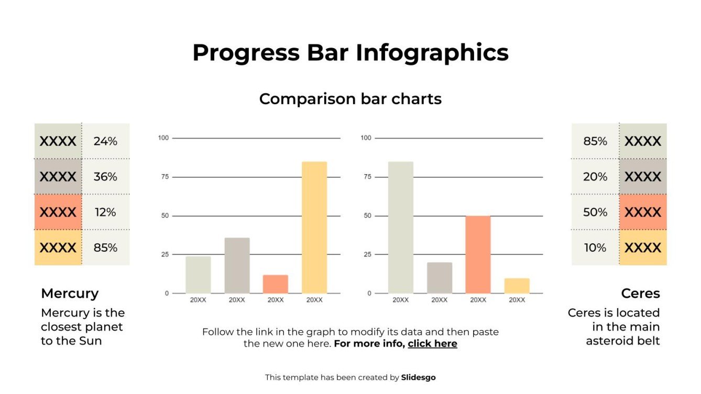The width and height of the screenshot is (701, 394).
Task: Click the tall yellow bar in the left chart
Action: pyautogui.click(x=314, y=227)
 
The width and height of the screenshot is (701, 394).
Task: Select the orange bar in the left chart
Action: pyautogui.click(x=276, y=284)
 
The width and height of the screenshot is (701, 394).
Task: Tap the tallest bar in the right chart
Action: pyautogui.click(x=401, y=227)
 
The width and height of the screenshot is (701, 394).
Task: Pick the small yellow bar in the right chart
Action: pyautogui.click(x=517, y=286)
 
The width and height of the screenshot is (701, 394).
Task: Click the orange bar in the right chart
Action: pyautogui.click(x=478, y=254)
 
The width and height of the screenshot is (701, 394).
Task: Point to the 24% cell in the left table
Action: pyautogui.click(x=105, y=141)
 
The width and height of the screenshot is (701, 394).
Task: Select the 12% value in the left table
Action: pyautogui.click(x=105, y=212)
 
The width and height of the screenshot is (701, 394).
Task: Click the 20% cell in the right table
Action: pyautogui.click(x=595, y=177)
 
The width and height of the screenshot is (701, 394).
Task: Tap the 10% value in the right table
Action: pyautogui.click(x=595, y=247)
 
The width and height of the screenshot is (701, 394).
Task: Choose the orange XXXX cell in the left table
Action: pyautogui.click(x=58, y=212)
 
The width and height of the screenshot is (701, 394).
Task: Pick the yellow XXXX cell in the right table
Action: pyautogui.click(x=643, y=247)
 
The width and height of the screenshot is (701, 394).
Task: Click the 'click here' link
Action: pyautogui.click(x=432, y=344)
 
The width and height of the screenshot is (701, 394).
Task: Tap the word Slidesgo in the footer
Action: pyautogui.click(x=418, y=377)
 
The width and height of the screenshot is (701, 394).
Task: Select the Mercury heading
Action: pyautogui.click(x=70, y=294)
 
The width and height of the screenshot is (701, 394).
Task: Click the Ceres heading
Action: pyautogui.click(x=640, y=294)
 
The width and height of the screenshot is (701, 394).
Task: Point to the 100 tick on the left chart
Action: pyautogui.click(x=163, y=138)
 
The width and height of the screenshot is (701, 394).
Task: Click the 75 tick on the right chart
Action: pyautogui.click(x=366, y=177)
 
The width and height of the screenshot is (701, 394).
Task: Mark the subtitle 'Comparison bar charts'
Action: pyautogui.click(x=350, y=99)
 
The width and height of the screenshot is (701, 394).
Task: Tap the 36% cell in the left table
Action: pyautogui.click(x=105, y=177)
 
